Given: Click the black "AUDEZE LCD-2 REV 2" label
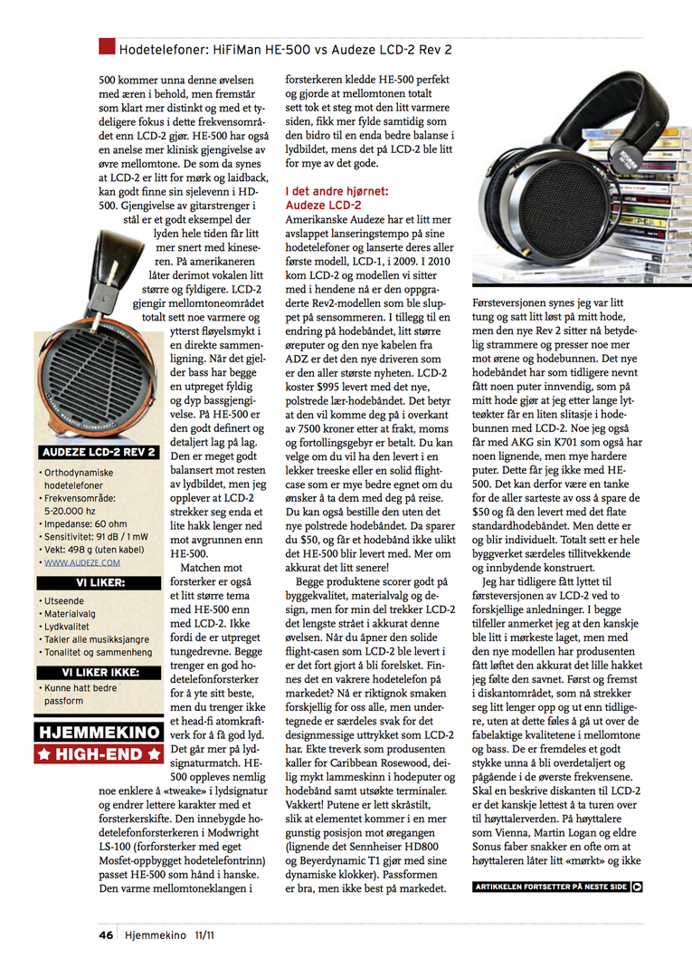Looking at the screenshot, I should [x=98, y=452].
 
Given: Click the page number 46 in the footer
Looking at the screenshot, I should [x=106, y=934].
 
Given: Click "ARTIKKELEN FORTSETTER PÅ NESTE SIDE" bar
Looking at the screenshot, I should [x=550, y=887].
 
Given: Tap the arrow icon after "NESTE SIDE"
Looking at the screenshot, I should [x=638, y=887].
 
